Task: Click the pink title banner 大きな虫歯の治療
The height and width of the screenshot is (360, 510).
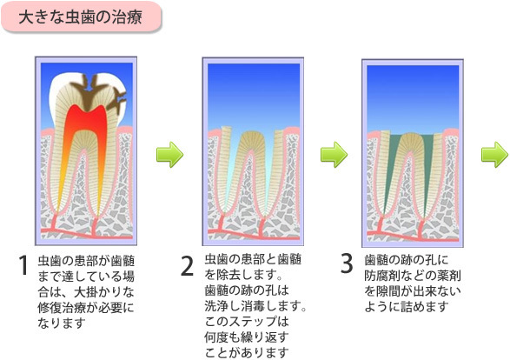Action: coord(81,17)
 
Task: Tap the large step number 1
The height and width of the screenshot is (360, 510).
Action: coord(23,265)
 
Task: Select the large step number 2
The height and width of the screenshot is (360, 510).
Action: coord(187,265)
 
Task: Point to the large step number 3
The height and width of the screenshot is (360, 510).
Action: coord(347,263)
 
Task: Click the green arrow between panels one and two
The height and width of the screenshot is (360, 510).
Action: coord(169,154)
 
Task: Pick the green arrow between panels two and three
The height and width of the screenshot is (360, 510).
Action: coord(334,154)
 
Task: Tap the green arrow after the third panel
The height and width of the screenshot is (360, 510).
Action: coord(496,154)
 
